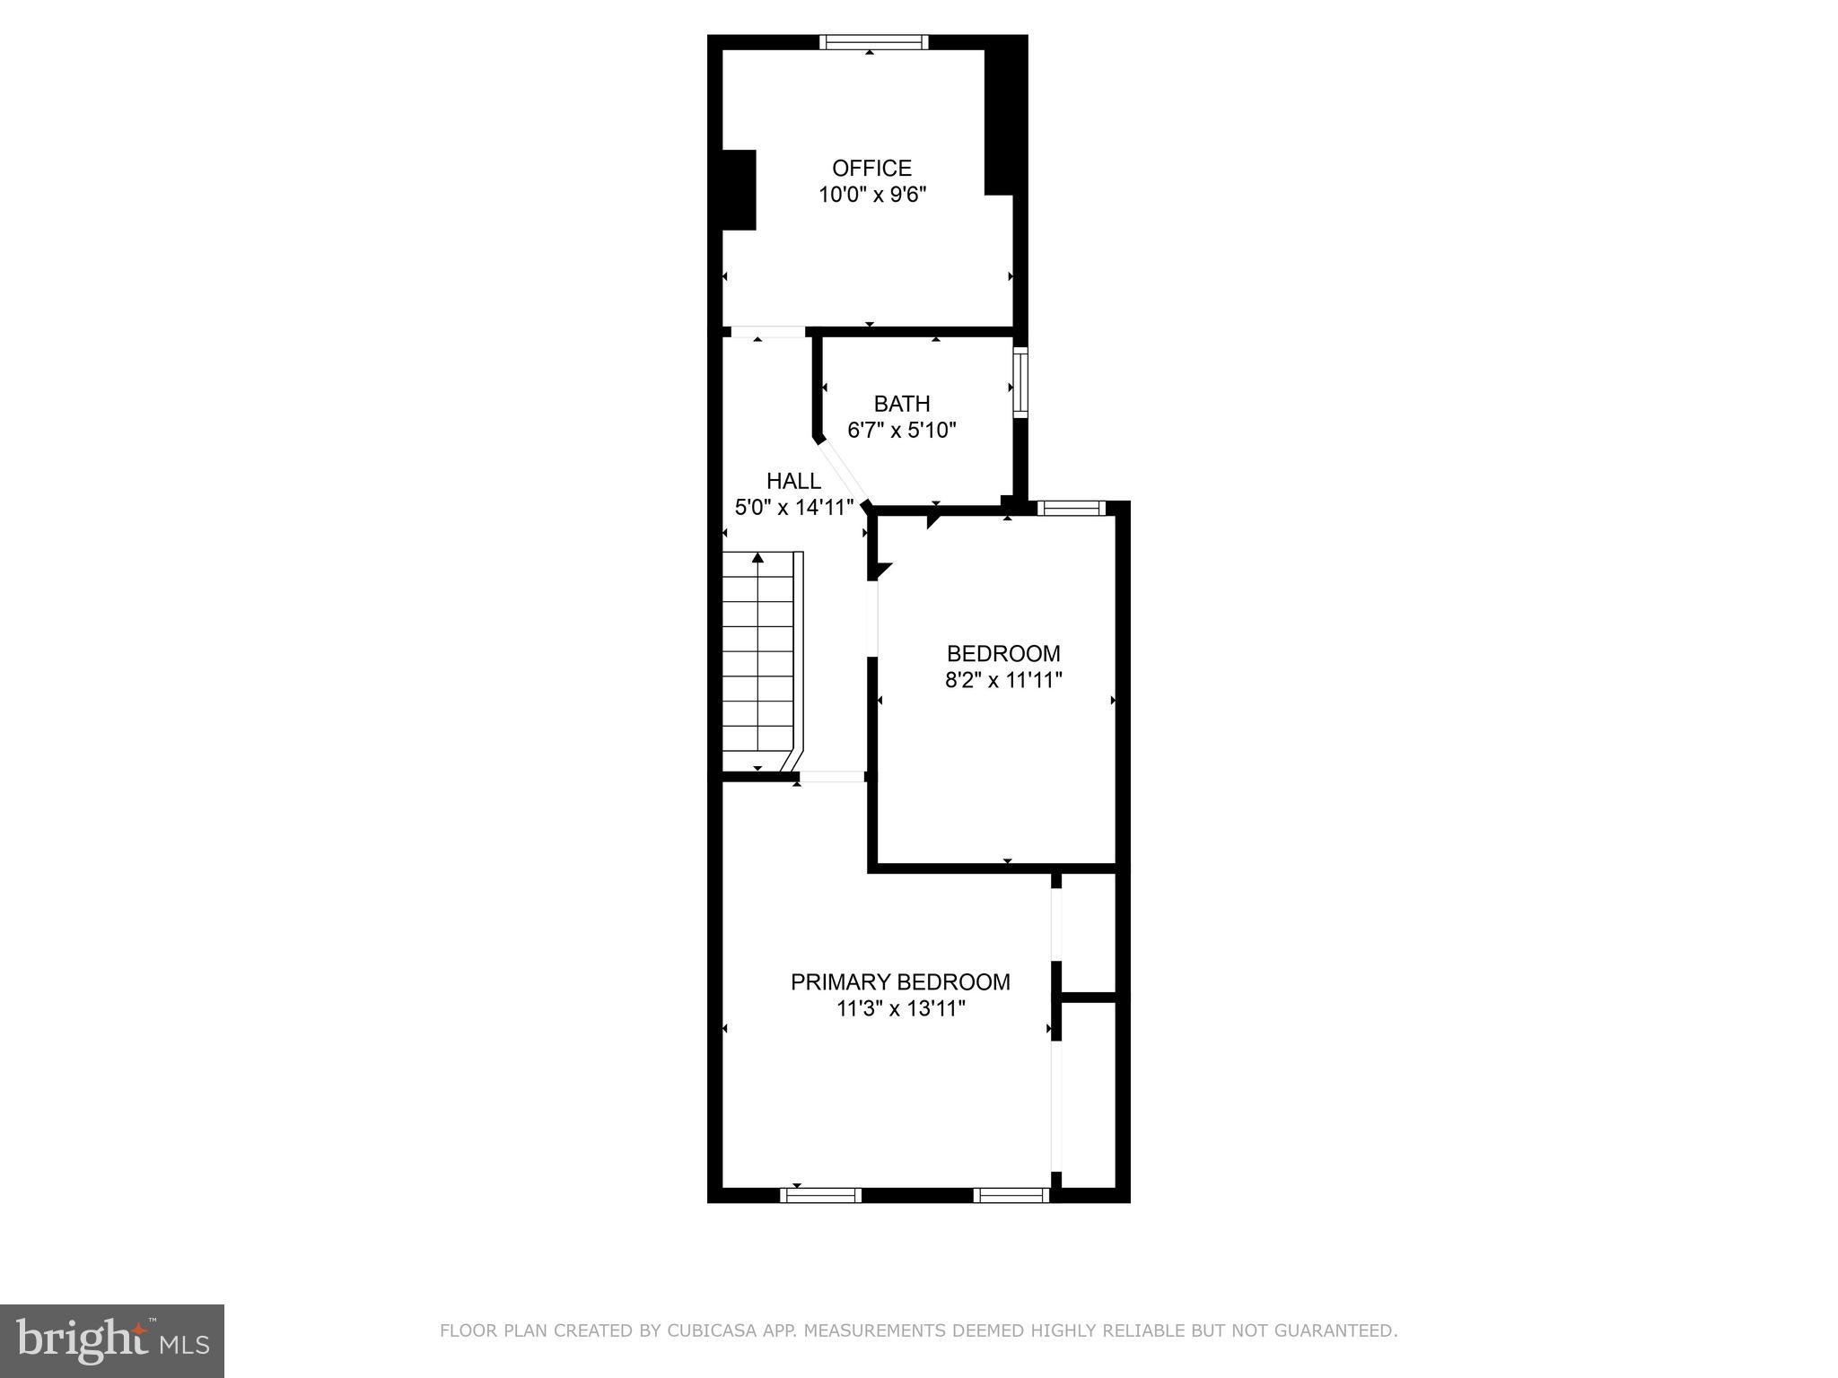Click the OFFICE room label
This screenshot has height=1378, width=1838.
pos(871,168)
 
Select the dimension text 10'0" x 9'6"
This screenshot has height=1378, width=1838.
pos(871,195)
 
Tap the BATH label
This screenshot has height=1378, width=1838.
pos(902,404)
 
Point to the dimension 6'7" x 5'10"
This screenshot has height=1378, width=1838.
pos(902,431)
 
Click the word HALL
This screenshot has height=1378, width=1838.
pos(793,481)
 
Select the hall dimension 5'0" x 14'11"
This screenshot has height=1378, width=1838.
pos(793,508)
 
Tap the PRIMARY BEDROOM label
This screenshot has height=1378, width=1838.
pos(900,981)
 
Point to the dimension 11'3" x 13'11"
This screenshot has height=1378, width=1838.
pos(900,1008)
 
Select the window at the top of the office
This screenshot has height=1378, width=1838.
pos(873,42)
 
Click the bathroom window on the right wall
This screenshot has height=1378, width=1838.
pos(1020,383)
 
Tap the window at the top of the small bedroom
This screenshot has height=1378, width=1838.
pos(1071,509)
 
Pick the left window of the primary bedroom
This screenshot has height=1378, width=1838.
pos(820,1195)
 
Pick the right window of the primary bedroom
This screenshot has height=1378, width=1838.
pos(1011,1195)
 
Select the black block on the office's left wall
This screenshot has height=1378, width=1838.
pos(740,190)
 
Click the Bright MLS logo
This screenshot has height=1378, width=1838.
pos(112,1340)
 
